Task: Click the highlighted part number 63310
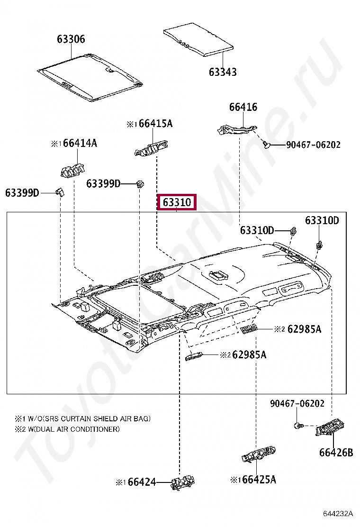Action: [x=177, y=202]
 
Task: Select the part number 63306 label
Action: [x=71, y=39]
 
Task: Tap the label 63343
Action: [x=223, y=72]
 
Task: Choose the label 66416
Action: [x=243, y=107]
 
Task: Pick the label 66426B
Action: [x=336, y=453]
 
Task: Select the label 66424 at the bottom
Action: [x=142, y=482]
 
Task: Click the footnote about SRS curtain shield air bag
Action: [x=82, y=418]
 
